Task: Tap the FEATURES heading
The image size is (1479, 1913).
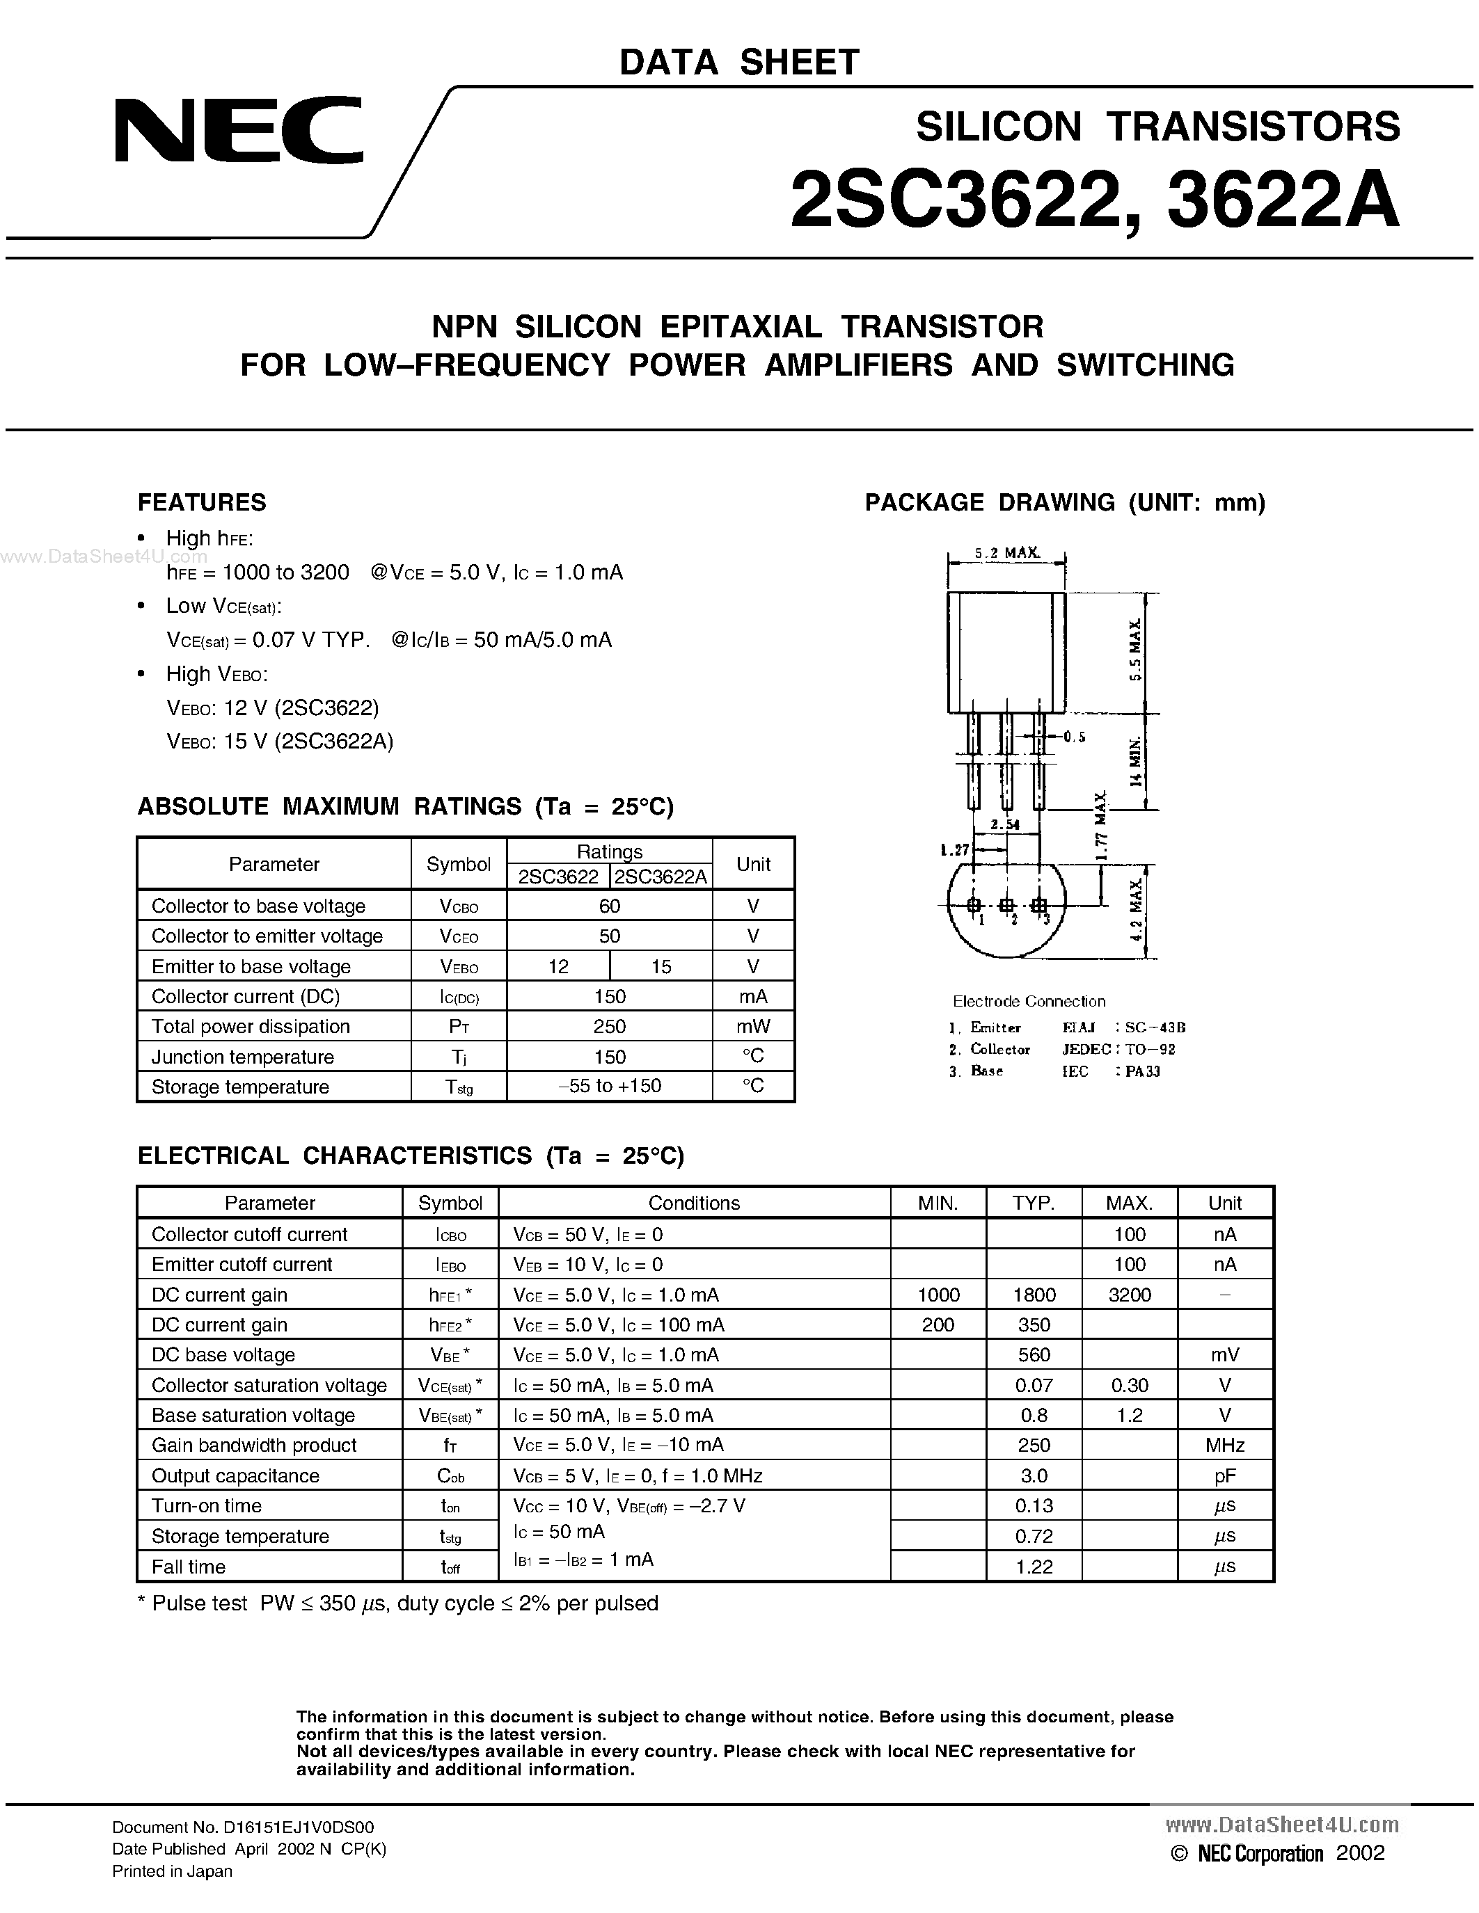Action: (x=202, y=503)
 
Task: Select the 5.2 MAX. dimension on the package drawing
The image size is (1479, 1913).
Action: (x=1006, y=553)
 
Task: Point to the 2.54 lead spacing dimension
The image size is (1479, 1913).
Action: (x=1005, y=824)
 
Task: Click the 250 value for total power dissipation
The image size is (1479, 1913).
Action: (x=609, y=1027)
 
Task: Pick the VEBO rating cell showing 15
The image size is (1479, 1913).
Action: (x=661, y=966)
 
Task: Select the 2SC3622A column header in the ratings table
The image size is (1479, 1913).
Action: (x=661, y=877)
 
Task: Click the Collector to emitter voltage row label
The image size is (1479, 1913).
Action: (x=267, y=936)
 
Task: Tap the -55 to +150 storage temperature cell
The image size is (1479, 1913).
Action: (x=609, y=1086)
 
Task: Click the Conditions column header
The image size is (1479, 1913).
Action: (x=694, y=1203)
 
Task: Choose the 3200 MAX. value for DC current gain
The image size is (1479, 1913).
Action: (x=1130, y=1295)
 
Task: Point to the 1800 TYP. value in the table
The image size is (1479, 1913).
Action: (x=1034, y=1295)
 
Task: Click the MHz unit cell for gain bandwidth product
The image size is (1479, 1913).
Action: (x=1225, y=1446)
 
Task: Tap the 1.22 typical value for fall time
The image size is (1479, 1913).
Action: (x=1034, y=1567)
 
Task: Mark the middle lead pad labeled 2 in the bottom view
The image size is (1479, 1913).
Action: (x=1006, y=905)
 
